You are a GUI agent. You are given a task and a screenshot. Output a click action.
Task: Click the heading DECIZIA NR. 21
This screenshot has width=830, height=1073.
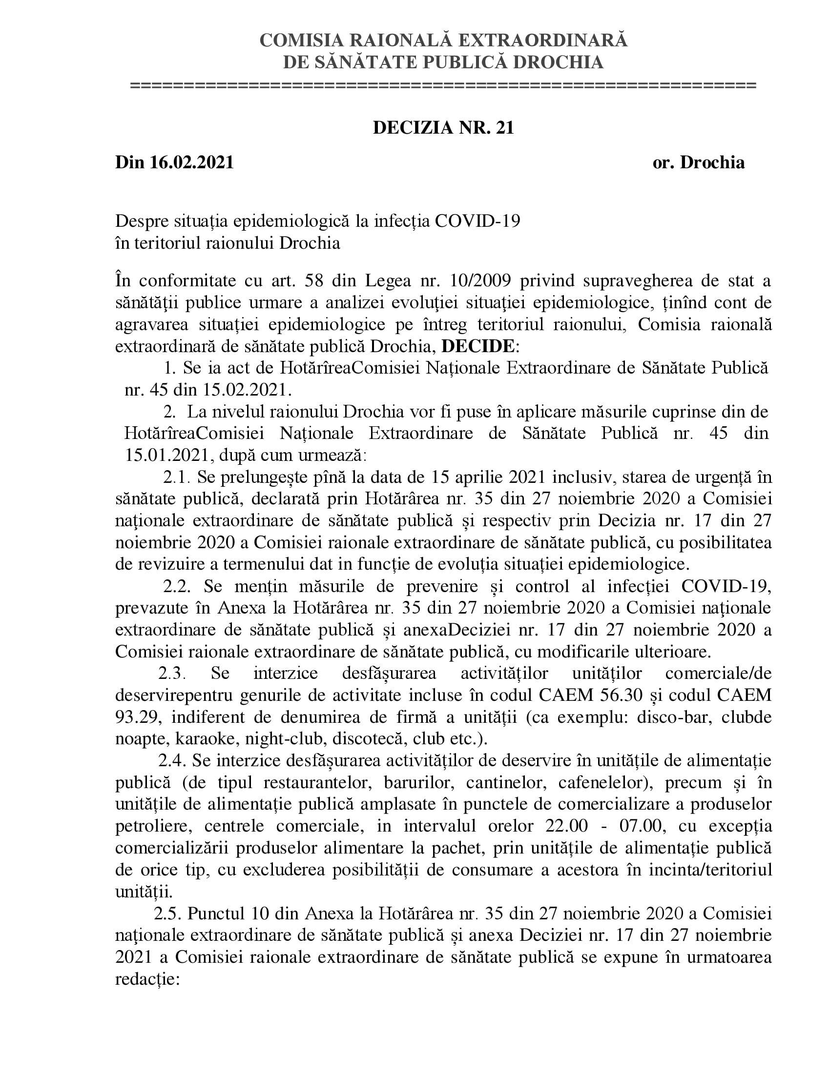443,128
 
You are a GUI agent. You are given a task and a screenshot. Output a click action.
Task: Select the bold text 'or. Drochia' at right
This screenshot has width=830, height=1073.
698,162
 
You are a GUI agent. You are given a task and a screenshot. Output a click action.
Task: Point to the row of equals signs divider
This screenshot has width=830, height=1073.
443,86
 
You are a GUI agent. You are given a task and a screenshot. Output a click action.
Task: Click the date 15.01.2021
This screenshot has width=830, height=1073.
166,456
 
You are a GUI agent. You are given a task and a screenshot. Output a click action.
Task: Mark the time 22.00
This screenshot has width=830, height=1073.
566,826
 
